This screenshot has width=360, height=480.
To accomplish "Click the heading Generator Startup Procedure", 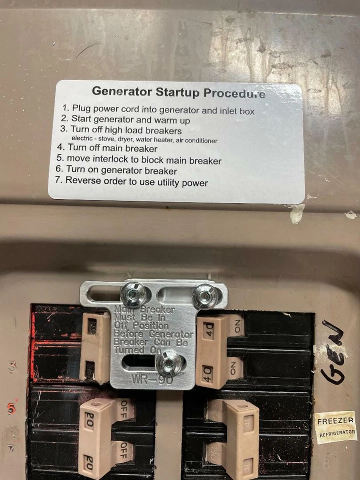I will pos(178,92).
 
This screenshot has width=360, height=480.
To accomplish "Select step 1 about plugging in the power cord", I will pos(158,109).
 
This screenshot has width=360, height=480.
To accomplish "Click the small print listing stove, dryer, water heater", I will pos(144,140).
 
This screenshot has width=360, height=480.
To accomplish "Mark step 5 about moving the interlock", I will pos(138,160).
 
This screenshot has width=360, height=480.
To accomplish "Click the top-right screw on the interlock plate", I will pos(203,297).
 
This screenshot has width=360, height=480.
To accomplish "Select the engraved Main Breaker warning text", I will pos(152,330).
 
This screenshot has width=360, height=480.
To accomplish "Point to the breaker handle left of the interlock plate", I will pos(95,345).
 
